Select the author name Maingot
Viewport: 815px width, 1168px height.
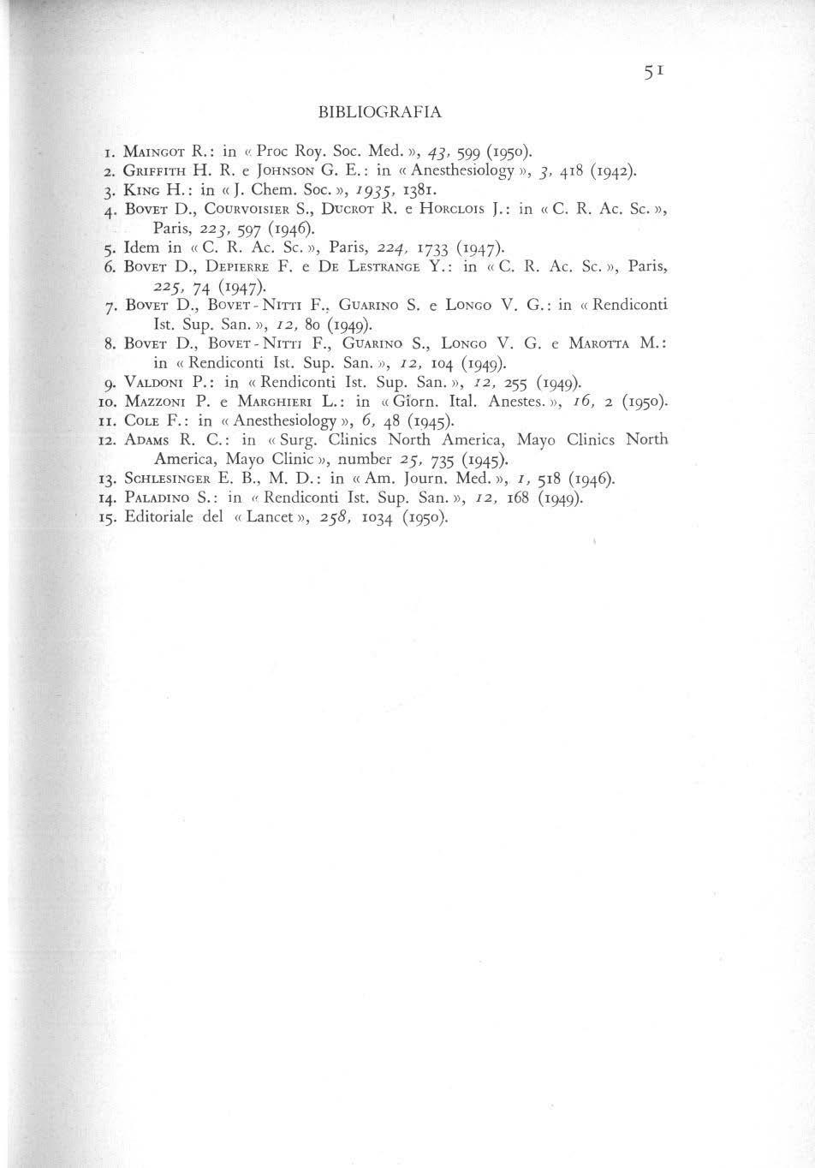[x=152, y=153]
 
